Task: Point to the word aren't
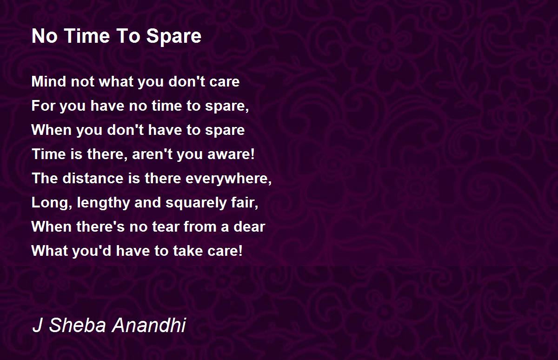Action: pos(152,154)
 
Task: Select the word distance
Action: pos(93,178)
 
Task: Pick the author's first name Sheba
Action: pos(78,325)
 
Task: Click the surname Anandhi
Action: pos(149,325)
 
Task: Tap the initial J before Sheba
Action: pos(37,325)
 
